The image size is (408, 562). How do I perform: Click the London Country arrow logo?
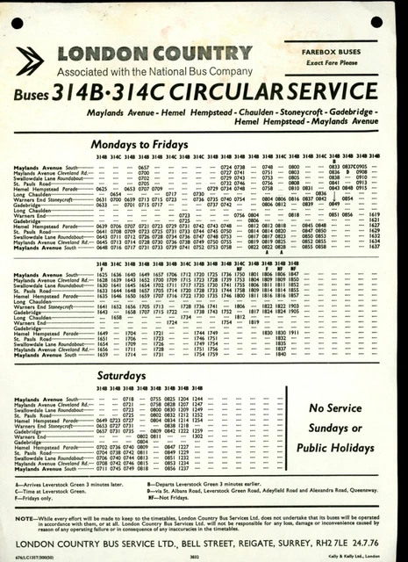[32, 61]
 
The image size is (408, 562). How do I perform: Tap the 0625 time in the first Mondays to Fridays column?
[102, 189]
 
